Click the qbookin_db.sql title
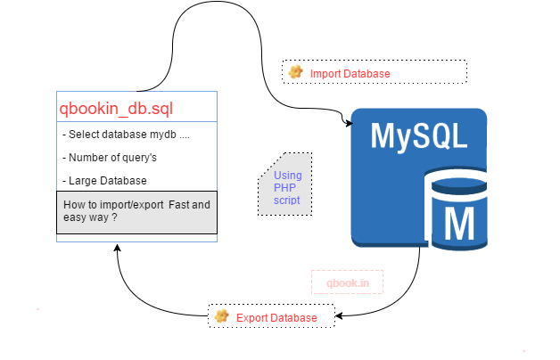click(116, 110)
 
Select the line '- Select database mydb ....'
click(127, 135)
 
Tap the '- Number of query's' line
click(112, 157)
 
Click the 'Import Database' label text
click(350, 73)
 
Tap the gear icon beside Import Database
click(296, 71)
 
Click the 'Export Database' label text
click(276, 317)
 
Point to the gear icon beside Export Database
click(221, 316)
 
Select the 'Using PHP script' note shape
click(285, 188)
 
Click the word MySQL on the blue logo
click(419, 135)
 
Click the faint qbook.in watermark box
click(347, 282)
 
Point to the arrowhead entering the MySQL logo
click(346, 119)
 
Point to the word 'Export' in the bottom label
click(252, 317)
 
